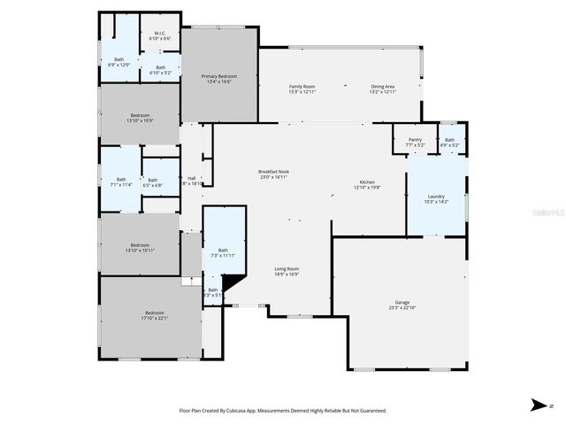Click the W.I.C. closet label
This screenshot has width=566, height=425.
click(160, 36)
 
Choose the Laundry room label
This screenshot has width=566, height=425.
click(436, 197)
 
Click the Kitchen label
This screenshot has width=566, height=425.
click(366, 183)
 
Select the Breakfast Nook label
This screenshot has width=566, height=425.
click(273, 173)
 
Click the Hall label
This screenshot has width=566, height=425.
click(191, 179)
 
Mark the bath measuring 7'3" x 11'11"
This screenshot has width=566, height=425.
click(223, 251)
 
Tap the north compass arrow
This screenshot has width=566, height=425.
click(538, 405)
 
